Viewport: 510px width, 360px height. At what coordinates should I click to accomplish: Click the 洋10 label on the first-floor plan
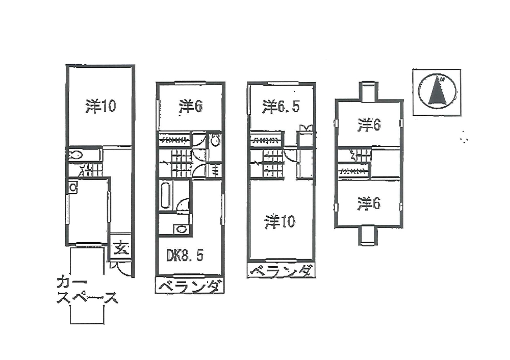pyautogui.click(x=101, y=106)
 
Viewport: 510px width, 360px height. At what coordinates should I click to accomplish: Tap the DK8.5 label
pyautogui.click(x=185, y=254)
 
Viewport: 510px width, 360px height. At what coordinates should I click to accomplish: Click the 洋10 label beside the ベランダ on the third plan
pyautogui.click(x=280, y=221)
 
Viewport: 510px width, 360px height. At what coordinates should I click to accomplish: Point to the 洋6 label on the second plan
pyautogui.click(x=191, y=107)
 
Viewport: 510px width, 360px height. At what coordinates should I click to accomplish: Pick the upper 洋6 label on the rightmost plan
pyautogui.click(x=369, y=125)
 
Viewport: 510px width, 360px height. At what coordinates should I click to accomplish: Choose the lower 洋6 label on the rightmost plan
pyautogui.click(x=369, y=204)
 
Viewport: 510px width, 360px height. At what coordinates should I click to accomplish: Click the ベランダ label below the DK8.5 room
pyautogui.click(x=189, y=286)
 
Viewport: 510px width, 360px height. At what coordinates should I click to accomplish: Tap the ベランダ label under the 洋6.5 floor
pyautogui.click(x=280, y=271)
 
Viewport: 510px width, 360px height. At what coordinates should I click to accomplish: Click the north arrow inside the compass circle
pyautogui.click(x=437, y=91)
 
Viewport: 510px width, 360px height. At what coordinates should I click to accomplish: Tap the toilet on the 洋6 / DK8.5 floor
pyautogui.click(x=215, y=140)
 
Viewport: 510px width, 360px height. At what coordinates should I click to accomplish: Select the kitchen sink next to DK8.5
pyautogui.click(x=181, y=229)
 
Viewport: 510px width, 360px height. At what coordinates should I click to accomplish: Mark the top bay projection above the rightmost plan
pyautogui.click(x=368, y=91)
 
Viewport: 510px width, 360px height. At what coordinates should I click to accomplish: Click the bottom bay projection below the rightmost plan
pyautogui.click(x=368, y=236)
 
